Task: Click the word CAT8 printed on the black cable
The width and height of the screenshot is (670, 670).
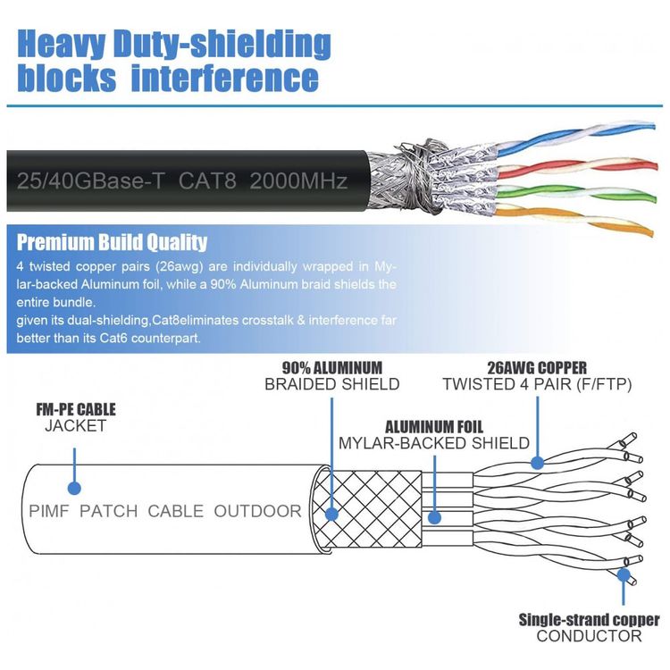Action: pos(207,180)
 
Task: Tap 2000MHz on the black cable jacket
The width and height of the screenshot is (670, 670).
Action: pos(298,180)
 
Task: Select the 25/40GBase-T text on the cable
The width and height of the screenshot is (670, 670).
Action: pos(90,180)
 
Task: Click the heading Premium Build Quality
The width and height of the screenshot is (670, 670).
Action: pos(112,242)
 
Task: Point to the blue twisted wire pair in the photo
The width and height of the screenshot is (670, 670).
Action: pos(574,138)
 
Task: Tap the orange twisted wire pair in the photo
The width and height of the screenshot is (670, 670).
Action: pos(574,220)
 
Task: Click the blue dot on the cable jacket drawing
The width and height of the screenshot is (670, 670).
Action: pos(74,488)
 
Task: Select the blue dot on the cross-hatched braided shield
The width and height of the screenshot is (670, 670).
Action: pos(331,514)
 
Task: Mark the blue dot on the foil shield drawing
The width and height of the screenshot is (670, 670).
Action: pos(434,518)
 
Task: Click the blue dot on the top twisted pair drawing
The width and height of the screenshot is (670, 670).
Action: pos(537,462)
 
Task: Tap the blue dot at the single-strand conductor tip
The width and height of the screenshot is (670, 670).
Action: pos(624,575)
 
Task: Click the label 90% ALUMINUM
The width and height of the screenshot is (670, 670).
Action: pos(332,368)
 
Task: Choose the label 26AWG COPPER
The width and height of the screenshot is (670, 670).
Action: pos(537,368)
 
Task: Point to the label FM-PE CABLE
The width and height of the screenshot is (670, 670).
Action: pos(76,410)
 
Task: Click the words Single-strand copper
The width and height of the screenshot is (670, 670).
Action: pos(589,620)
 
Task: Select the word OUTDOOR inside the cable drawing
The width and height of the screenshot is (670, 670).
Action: pos(257,511)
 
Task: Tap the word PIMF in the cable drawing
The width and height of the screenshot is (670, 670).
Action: pos(49,511)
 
